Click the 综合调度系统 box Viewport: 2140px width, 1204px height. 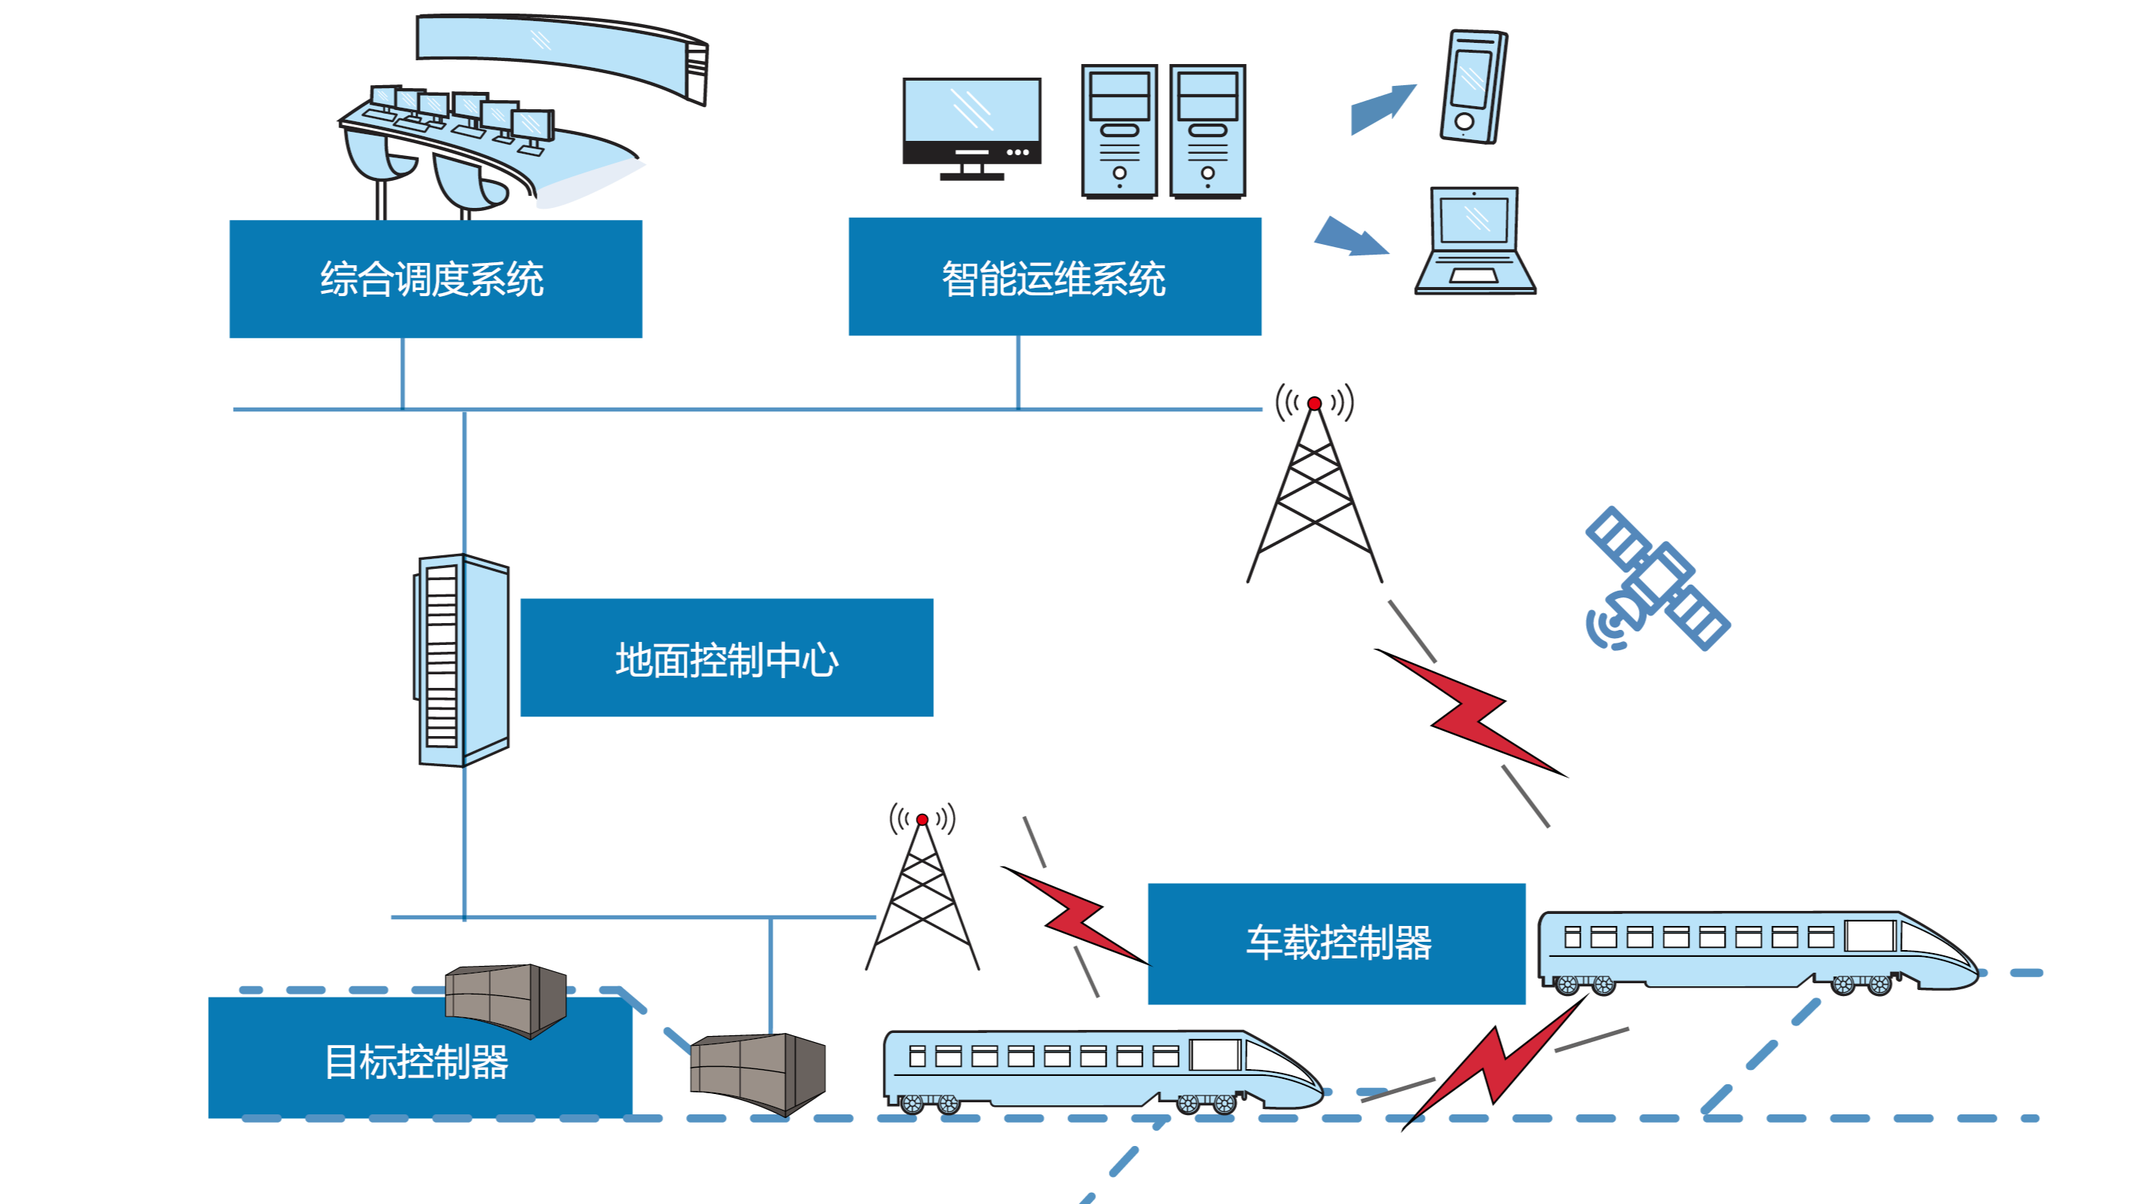pyautogui.click(x=435, y=279)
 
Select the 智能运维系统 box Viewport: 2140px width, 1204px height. pyautogui.click(x=1055, y=277)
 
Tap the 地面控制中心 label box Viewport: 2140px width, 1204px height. pyautogui.click(x=726, y=658)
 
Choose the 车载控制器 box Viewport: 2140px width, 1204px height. pyautogui.click(x=1336, y=943)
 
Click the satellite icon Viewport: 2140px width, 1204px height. pyautogui.click(x=1657, y=579)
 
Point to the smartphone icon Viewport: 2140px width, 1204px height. pyautogui.click(x=1473, y=87)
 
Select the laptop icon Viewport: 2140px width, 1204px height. pyautogui.click(x=1475, y=241)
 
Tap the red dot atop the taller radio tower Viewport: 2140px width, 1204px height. pyautogui.click(x=1315, y=404)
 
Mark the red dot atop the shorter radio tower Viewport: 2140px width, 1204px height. pyautogui.click(x=922, y=820)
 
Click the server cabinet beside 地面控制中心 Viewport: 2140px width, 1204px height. pyautogui.click(x=462, y=660)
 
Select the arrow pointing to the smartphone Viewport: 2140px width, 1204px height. pyautogui.click(x=1382, y=108)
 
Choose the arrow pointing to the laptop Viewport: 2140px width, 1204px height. pyautogui.click(x=1350, y=237)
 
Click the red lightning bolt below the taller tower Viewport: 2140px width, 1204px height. pyautogui.click(x=1471, y=713)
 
